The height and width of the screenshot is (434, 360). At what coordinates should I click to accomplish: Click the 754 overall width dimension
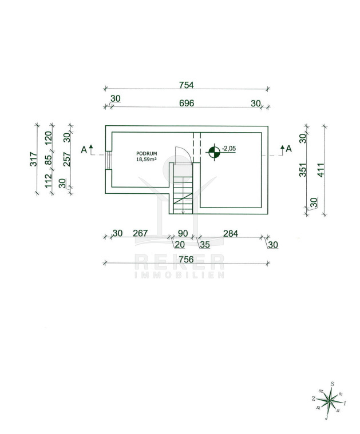pyautogui.click(x=186, y=85)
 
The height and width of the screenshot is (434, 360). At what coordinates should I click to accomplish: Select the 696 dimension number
pyautogui.click(x=187, y=103)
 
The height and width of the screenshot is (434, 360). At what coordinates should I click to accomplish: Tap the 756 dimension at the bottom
pyautogui.click(x=186, y=260)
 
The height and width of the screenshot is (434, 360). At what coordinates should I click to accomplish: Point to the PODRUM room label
pyautogui.click(x=147, y=153)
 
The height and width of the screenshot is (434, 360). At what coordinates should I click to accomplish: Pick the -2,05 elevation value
pyautogui.click(x=229, y=149)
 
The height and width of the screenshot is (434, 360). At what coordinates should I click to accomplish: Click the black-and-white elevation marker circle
pyautogui.click(x=214, y=152)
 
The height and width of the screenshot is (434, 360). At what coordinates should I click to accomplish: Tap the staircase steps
pyautogui.click(x=183, y=196)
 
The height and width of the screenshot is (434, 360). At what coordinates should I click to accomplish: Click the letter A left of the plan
pyautogui.click(x=84, y=150)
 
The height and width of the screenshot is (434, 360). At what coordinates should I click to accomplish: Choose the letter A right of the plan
pyautogui.click(x=289, y=149)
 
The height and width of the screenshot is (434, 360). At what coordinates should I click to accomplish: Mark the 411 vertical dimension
pyautogui.click(x=321, y=170)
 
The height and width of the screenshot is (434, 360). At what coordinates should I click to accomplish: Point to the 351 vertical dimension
pyautogui.click(x=303, y=170)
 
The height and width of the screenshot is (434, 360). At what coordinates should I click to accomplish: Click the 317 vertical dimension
pyautogui.click(x=33, y=159)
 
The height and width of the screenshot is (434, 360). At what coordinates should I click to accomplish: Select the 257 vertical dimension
pyautogui.click(x=67, y=160)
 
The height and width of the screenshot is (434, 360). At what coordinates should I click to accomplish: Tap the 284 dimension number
pyautogui.click(x=231, y=234)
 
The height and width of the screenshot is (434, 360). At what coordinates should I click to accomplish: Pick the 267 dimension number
pyautogui.click(x=140, y=233)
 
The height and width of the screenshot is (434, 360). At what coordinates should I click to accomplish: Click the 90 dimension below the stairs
pyautogui.click(x=183, y=233)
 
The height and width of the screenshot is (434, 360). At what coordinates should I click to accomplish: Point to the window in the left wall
pyautogui.click(x=109, y=160)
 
